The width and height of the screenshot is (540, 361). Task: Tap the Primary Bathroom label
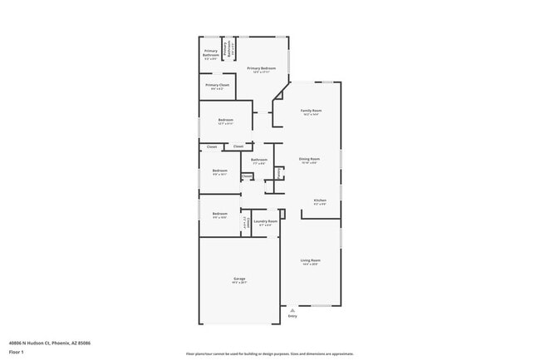(211, 55)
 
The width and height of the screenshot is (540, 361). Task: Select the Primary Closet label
(218, 85)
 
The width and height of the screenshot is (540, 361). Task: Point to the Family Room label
(311, 111)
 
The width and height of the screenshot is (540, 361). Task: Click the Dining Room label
(309, 158)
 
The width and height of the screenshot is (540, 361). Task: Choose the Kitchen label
(320, 200)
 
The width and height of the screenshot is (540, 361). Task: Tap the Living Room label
(310, 260)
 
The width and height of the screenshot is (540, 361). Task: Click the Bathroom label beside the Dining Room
(259, 159)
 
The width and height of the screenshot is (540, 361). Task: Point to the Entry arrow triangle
(292, 308)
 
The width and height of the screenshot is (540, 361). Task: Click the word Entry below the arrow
(292, 316)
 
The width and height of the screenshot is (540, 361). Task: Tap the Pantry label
(279, 173)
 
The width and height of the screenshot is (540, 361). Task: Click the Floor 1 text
(17, 352)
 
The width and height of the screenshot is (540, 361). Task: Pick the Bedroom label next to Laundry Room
(219, 214)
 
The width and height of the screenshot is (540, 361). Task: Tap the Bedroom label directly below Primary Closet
(225, 120)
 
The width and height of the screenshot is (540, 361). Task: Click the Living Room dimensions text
(310, 265)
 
